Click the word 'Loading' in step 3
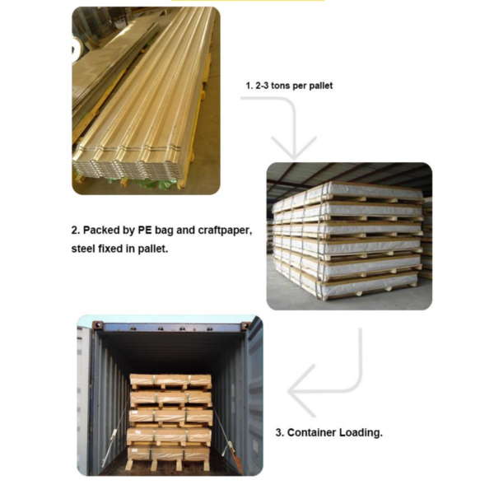click(361, 431)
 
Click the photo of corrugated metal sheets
click(146, 100)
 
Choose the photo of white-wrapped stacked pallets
click(349, 235)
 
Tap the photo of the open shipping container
click(170, 395)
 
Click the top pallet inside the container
click(170, 381)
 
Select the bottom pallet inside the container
click(170, 452)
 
